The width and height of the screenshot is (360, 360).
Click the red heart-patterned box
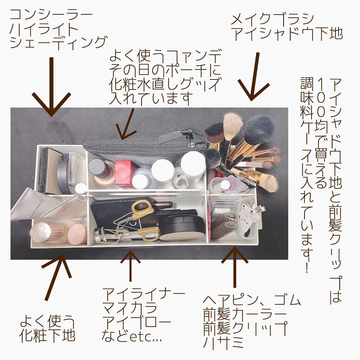coord(124,173)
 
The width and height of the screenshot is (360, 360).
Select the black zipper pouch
coord(141,148)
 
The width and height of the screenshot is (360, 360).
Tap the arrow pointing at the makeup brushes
coord(255,77)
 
